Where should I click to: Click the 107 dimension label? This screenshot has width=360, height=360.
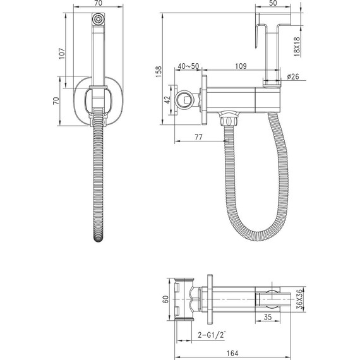point(62,54)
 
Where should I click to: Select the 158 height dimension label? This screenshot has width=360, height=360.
point(159,71)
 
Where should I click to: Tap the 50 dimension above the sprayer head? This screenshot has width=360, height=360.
point(273,3)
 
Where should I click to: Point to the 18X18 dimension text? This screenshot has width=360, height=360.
point(297,47)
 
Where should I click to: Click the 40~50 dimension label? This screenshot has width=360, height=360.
point(188,66)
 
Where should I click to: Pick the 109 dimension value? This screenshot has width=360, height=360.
point(241,66)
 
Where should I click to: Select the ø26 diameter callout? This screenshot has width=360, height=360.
point(293,76)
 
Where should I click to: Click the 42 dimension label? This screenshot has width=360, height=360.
point(167,100)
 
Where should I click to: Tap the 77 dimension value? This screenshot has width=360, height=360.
point(198,137)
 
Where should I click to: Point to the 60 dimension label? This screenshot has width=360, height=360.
point(165,299)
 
